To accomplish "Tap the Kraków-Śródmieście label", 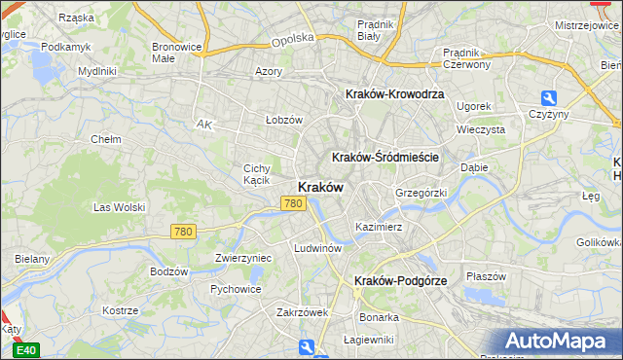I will pos(386,157).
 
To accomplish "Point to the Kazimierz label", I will pos(379,227).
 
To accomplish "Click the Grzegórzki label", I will pos(421,193).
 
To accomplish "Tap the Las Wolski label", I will pos(118,207).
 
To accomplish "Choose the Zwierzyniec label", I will pos(242,259).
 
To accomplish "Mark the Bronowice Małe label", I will pos(177,53).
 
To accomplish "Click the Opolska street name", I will pos(293,38).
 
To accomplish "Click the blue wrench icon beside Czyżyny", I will pos(548,98).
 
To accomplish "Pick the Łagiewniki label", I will pos(368,340).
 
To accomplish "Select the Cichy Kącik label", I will pos(256,174).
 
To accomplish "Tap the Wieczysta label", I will pos(480,128).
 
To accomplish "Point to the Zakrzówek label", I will pos(302,312).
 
